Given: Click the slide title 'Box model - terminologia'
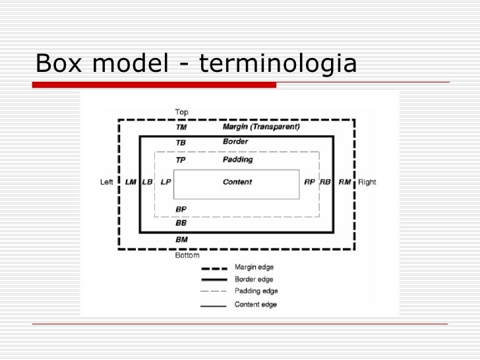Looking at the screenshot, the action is (196, 64).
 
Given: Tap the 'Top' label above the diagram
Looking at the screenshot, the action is (181, 112).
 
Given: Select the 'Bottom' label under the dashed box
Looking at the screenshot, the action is (187, 255).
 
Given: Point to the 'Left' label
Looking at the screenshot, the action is (106, 182).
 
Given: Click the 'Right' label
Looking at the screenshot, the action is (367, 182).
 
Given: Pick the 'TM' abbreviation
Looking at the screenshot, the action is (181, 127).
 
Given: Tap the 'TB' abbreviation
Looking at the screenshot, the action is (181, 142).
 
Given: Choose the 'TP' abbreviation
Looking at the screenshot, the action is (181, 160).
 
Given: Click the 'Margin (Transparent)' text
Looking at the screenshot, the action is (261, 126).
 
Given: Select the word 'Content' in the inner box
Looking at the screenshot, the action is (237, 182).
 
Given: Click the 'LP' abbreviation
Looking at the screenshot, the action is (165, 182).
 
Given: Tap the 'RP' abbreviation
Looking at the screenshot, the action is (309, 182).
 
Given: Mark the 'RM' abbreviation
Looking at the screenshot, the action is (345, 182).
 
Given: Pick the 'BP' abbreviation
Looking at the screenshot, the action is (181, 209).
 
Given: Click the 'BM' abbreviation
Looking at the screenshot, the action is (181, 239).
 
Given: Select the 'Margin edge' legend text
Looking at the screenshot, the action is (255, 268).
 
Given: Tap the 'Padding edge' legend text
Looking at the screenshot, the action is (256, 291).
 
